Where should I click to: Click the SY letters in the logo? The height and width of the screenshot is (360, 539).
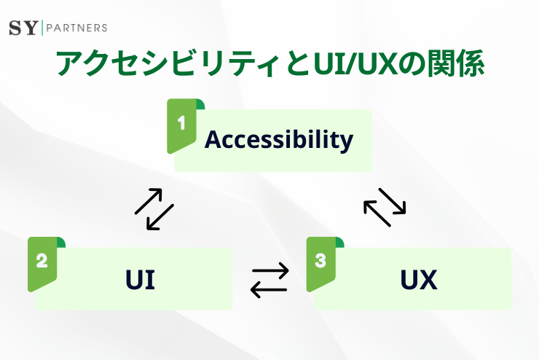(23, 28)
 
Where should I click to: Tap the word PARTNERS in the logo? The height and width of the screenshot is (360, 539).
(76, 28)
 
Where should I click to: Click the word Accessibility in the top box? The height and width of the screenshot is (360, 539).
(279, 138)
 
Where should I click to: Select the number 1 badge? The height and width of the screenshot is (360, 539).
(181, 123)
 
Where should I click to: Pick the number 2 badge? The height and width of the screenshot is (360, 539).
(42, 261)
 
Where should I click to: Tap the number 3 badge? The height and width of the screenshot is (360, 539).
(320, 261)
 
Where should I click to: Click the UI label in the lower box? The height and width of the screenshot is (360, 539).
(140, 280)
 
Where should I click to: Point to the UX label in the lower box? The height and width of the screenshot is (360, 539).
(419, 280)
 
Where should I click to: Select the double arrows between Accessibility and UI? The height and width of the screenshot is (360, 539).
(154, 209)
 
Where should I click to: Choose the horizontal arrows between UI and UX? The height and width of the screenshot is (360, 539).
(269, 280)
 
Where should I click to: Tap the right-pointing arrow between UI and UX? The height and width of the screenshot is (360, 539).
(269, 272)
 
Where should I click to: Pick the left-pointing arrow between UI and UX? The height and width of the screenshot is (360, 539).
(269, 289)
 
